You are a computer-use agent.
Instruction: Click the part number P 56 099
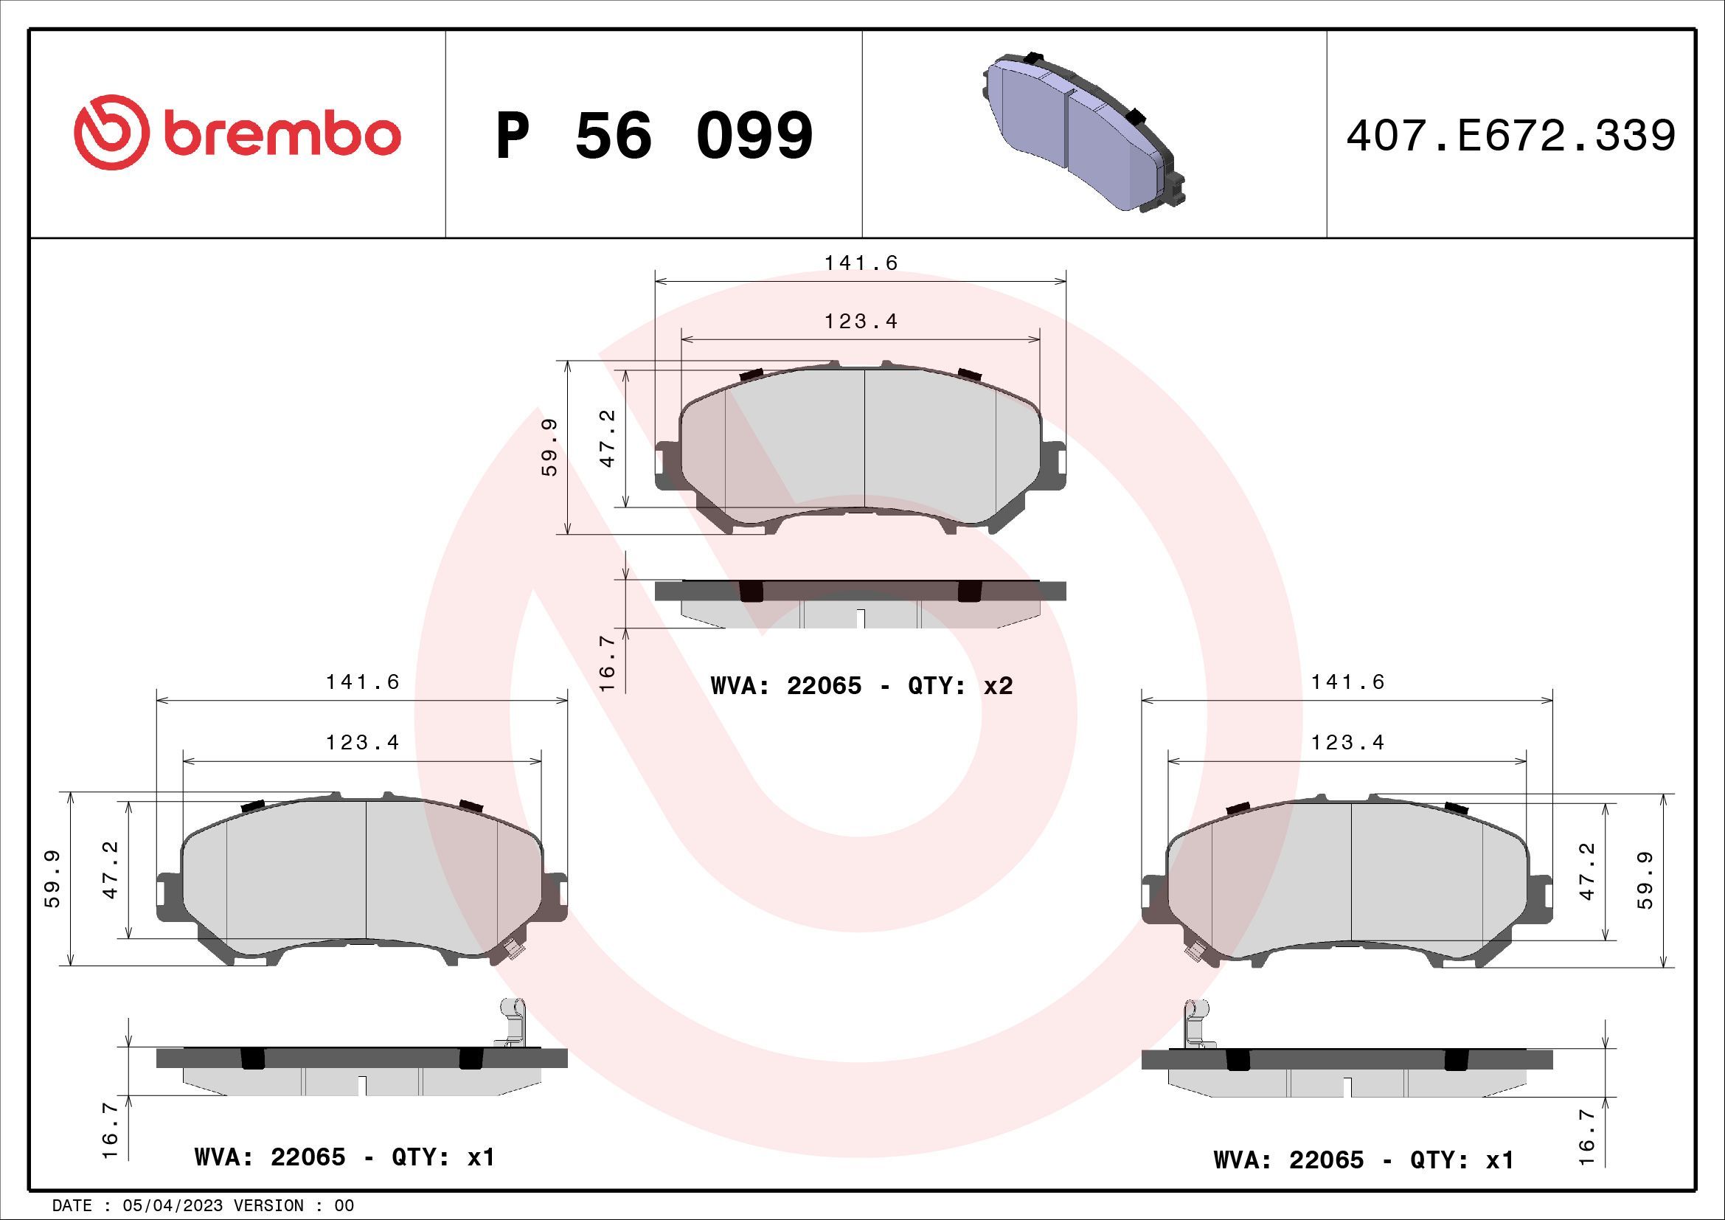654,136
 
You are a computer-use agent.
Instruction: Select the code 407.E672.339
1510,136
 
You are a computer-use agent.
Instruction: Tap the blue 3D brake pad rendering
1082,131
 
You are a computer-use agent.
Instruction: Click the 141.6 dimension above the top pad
861,263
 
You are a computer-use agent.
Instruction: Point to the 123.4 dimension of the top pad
861,322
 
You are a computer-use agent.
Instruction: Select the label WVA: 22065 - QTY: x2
861,686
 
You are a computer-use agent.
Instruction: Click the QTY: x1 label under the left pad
443,1157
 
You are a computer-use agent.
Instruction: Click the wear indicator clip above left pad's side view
512,1022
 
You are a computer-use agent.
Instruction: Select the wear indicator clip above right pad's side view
1197,1022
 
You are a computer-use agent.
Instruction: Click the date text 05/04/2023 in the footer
167,1206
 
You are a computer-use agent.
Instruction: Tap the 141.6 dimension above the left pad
362,682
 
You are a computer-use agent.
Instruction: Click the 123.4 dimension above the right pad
1348,743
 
